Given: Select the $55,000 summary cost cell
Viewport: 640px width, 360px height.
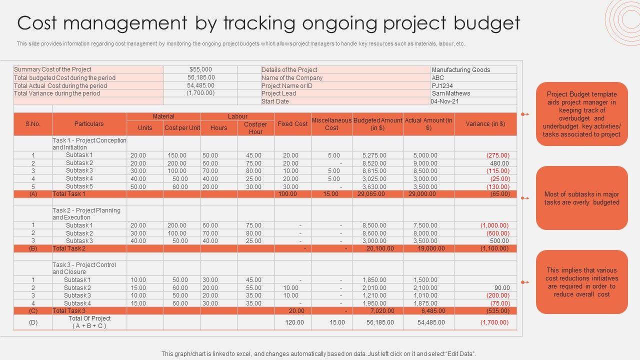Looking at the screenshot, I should pos(200,69).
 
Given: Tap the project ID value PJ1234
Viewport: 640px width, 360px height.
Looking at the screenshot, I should pos(442,85).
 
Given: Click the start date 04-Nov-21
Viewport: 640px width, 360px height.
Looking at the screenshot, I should pos(445,101).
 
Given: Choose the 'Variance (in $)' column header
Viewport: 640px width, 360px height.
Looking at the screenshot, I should pos(485,124).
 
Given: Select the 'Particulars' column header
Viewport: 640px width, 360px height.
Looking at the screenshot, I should pos(89,124).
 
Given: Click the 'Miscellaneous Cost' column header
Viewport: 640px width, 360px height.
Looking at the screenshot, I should pos(331,124).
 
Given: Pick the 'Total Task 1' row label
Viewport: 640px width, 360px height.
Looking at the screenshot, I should pos(69,194).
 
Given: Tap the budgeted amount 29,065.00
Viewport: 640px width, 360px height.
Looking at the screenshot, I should pos(371,194).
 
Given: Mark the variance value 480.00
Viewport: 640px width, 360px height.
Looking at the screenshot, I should pos(499,163).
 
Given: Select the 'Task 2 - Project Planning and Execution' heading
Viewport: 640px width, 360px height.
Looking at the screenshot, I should pos(86,214).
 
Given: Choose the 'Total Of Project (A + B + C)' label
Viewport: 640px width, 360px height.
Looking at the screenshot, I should pos(89,322).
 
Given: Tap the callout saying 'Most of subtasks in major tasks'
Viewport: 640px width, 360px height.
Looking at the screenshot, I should pos(581,198).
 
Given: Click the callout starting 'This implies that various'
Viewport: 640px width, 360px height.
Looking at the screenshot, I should pos(581,282).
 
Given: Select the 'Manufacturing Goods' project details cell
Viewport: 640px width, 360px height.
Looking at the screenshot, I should pos(460,70).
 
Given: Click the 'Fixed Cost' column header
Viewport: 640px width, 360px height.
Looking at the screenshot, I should pos(292,124).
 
